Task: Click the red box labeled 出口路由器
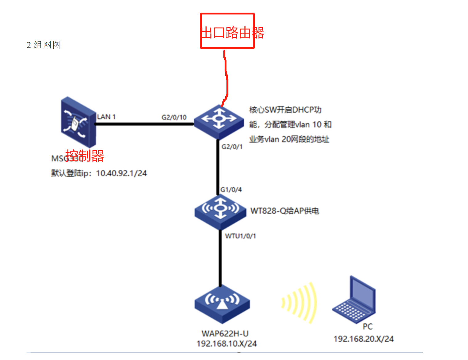click(x=227, y=31)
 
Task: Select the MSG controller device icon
click(x=78, y=122)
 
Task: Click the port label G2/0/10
click(x=174, y=117)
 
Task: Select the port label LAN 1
click(x=106, y=117)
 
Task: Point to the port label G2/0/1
click(x=232, y=147)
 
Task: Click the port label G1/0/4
click(x=231, y=190)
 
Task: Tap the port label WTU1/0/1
click(x=240, y=236)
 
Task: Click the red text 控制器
click(x=85, y=156)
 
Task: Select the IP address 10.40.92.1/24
click(x=121, y=173)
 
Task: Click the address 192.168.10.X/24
click(x=226, y=344)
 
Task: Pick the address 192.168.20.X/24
click(x=364, y=339)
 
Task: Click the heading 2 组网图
click(x=44, y=45)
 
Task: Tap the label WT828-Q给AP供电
click(x=284, y=211)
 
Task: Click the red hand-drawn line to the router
click(x=226, y=77)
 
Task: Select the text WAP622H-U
click(x=225, y=334)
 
